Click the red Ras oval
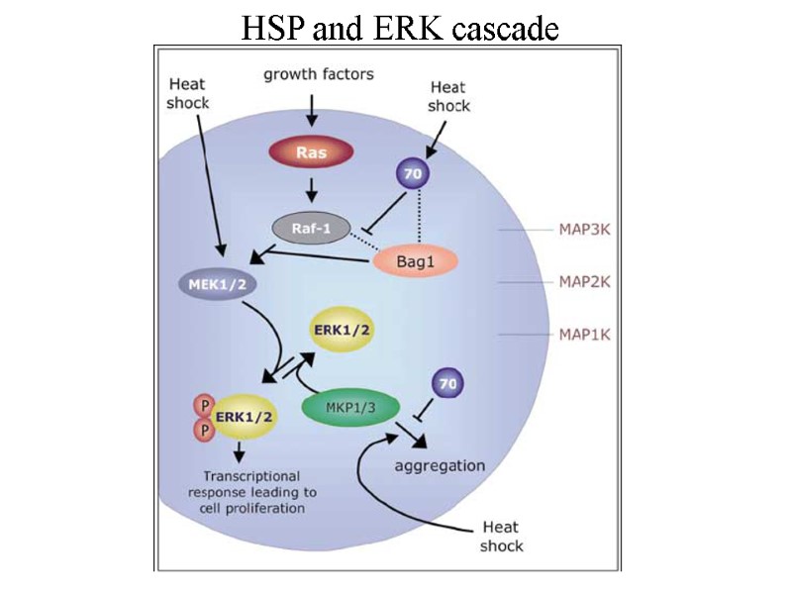pos(311,153)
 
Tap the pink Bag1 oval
pos(416,259)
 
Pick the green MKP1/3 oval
pos(352,408)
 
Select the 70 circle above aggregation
pos(448,380)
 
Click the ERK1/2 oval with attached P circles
pos(241,417)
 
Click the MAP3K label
pos(584,231)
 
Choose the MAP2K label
pos(584,282)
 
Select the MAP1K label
pos(584,334)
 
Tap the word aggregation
pos(440,464)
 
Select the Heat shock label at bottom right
pos(501,537)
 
